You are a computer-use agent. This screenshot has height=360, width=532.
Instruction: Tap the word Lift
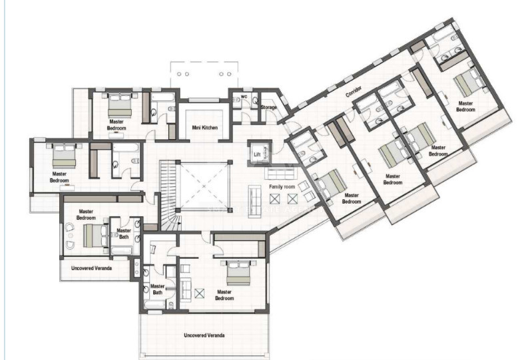(x=257, y=154)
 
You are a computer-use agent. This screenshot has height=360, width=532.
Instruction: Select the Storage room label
(x=268, y=106)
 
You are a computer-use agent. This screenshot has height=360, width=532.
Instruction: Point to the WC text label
(x=244, y=96)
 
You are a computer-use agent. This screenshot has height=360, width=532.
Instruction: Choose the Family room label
(x=281, y=188)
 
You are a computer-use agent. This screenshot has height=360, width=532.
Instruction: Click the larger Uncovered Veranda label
(x=204, y=335)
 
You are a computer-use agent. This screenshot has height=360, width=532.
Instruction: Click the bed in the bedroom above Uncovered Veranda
(x=95, y=234)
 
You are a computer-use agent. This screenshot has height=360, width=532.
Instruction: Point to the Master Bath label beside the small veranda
(x=124, y=234)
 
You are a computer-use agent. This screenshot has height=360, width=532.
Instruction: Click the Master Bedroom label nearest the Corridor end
(x=464, y=106)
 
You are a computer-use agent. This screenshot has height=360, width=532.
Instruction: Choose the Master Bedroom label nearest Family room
(x=352, y=198)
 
